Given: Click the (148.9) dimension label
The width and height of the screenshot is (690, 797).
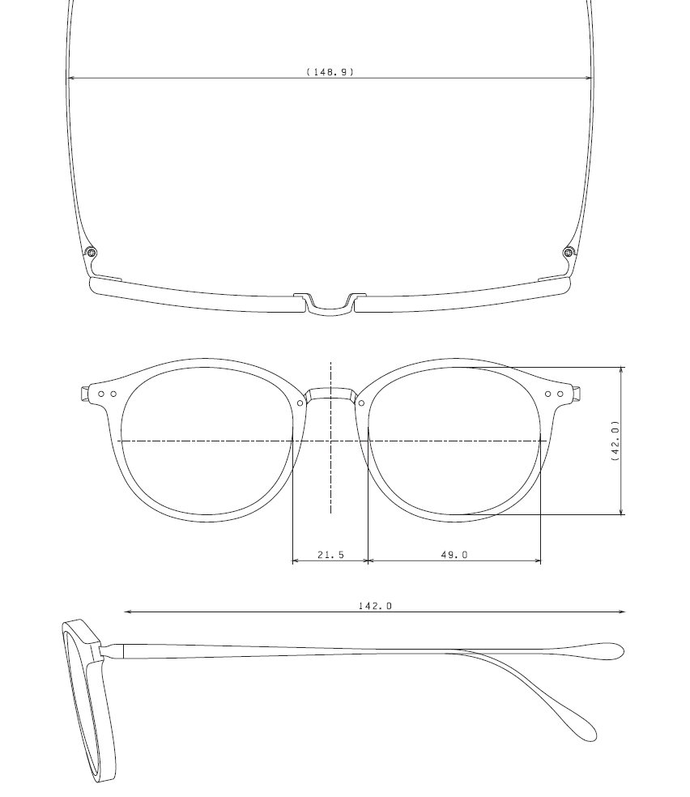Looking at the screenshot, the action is [x=330, y=72].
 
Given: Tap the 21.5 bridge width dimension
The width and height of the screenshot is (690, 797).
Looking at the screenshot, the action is [x=330, y=555].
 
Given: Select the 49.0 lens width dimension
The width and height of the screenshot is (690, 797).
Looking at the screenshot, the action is [x=454, y=555].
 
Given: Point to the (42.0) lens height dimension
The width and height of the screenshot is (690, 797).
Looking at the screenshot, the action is [x=615, y=441].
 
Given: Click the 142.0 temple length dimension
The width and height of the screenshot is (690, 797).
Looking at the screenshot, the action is [x=375, y=605].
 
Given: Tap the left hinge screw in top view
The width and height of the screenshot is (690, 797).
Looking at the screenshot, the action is [x=92, y=253].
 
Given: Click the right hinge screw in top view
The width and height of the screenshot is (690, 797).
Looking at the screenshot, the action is [x=569, y=253].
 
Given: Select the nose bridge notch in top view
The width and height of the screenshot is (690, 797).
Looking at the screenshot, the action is [x=330, y=305].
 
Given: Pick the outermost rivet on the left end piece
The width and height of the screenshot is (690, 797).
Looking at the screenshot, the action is [x=101, y=394].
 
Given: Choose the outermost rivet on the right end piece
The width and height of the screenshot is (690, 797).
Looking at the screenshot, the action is [x=560, y=394].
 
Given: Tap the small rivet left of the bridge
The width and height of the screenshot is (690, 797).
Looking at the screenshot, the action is [x=300, y=403].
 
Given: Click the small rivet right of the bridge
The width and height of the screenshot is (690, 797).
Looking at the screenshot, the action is [x=361, y=403].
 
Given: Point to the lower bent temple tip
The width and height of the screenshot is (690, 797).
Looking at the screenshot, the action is [x=585, y=729].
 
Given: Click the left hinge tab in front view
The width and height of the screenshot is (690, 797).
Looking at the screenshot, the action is [x=84, y=394].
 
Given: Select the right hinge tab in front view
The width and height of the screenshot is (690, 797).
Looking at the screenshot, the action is [x=577, y=394].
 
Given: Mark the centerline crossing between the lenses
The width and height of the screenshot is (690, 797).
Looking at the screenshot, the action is [x=330, y=441].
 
